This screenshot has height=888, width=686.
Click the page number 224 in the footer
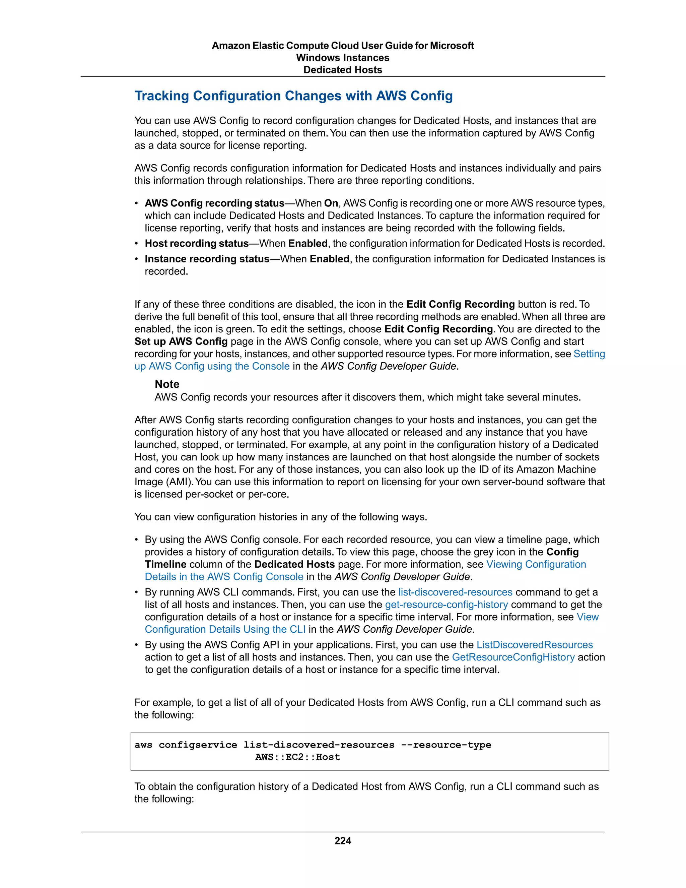click(343, 841)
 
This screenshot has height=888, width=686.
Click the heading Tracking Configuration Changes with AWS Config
click(293, 96)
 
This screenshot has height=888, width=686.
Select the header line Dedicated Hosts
click(343, 70)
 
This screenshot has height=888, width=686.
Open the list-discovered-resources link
click(455, 592)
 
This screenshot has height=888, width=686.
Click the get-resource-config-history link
click(446, 605)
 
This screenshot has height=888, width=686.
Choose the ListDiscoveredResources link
click(534, 645)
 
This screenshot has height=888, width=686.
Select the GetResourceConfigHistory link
click(513, 657)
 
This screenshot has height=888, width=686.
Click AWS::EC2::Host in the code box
click(297, 757)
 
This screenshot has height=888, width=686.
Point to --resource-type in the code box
click(446, 745)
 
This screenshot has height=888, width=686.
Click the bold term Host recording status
click(197, 244)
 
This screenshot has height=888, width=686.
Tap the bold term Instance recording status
click(207, 259)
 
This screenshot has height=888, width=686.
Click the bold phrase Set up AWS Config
click(181, 341)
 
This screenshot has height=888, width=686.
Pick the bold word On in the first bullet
click(331, 203)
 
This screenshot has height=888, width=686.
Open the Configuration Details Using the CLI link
click(225, 629)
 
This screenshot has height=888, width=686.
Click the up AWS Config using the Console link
click(212, 366)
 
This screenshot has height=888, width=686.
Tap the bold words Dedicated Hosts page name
click(294, 564)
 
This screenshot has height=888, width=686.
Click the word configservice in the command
click(198, 745)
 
